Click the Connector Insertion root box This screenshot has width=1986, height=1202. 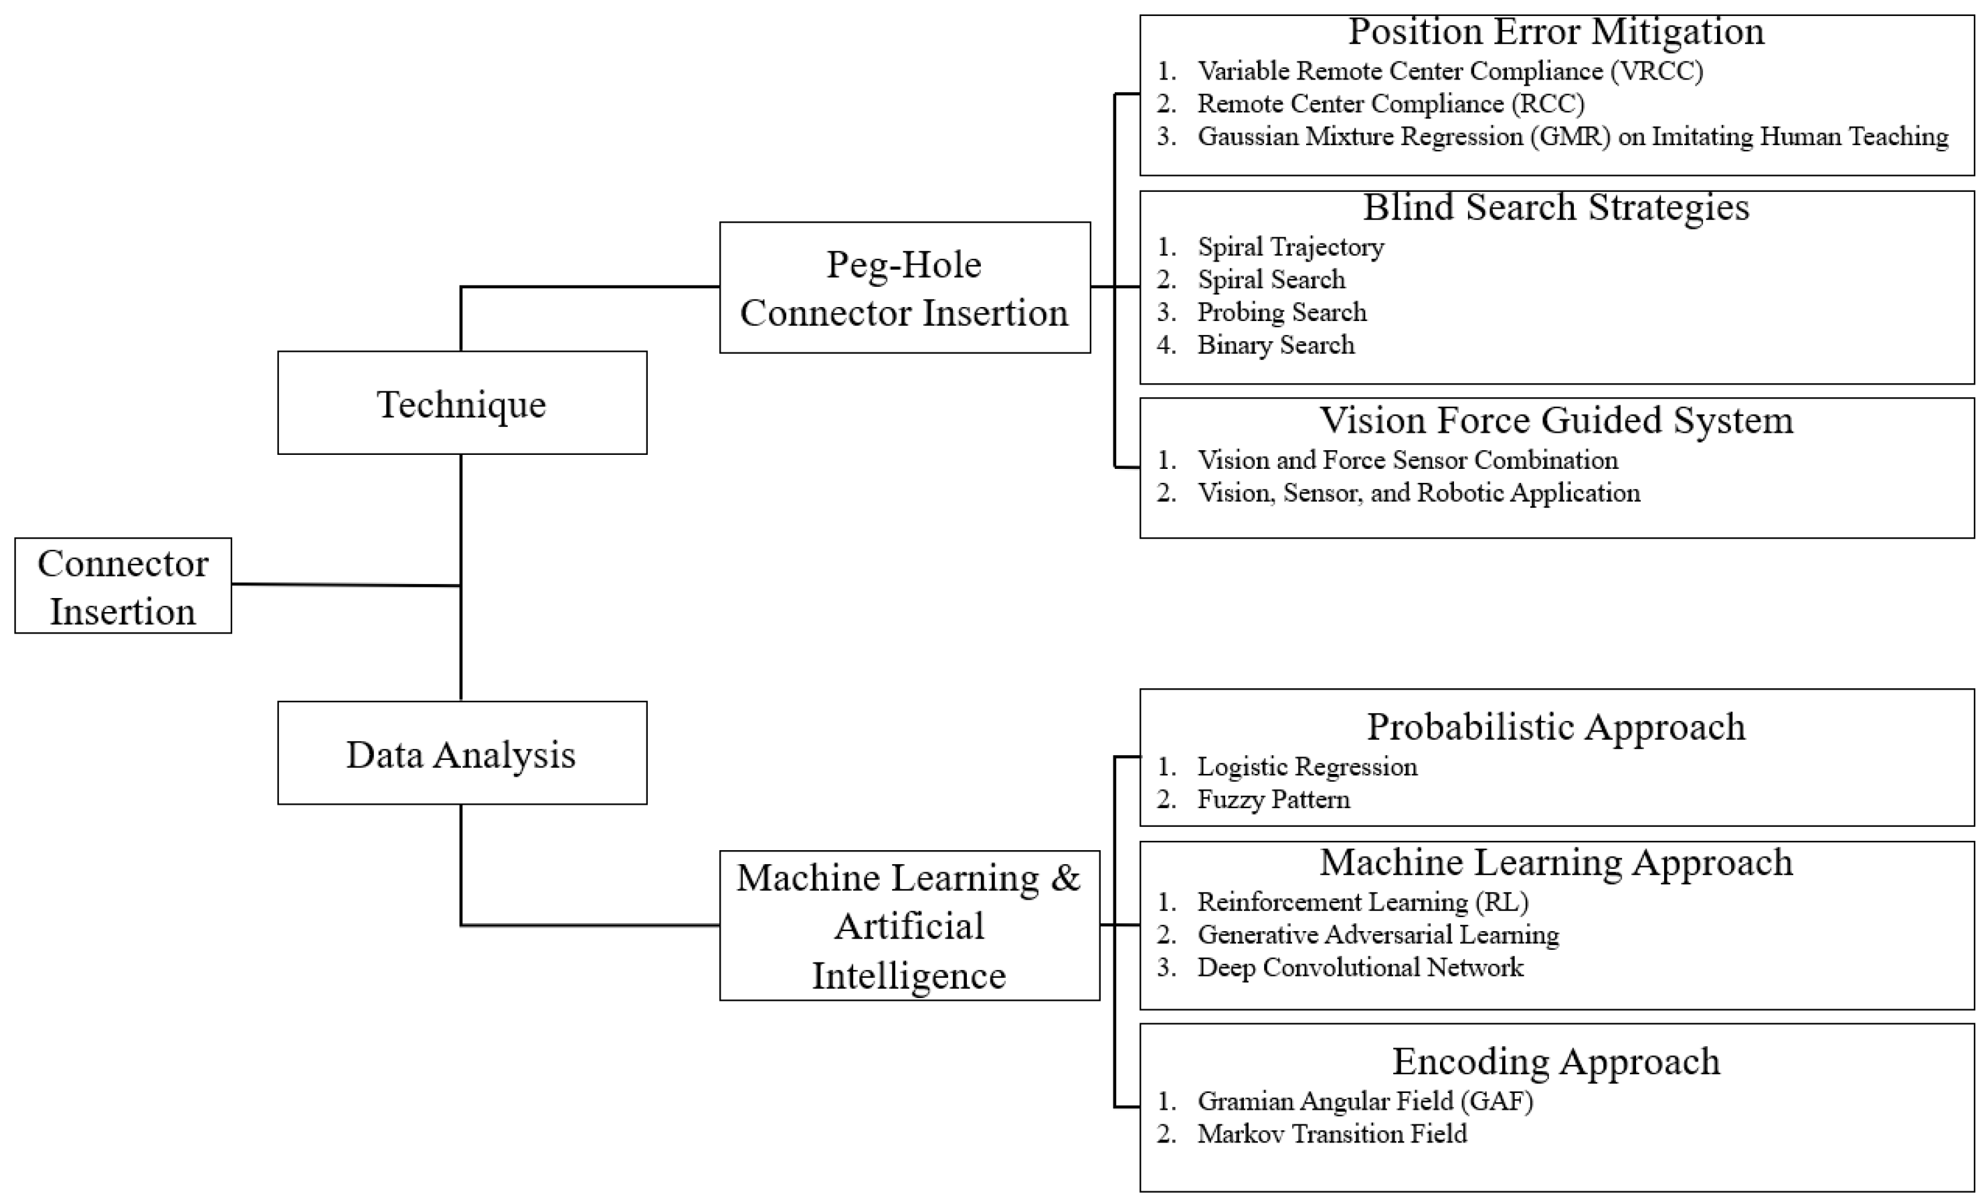(x=122, y=586)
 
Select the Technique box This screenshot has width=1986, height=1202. (x=462, y=403)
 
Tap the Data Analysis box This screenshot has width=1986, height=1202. (x=462, y=753)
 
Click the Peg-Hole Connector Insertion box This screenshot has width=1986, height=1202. (x=905, y=288)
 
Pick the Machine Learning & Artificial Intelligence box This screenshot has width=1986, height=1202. (x=909, y=926)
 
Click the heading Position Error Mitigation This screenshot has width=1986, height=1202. (x=1556, y=32)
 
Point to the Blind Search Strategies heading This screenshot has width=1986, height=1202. (x=1556, y=207)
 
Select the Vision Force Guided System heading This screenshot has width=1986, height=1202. (x=1556, y=421)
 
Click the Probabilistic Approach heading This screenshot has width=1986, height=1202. (x=1556, y=726)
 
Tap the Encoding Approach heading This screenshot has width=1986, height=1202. (x=1556, y=1061)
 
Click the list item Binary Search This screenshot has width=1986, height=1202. (x=1275, y=344)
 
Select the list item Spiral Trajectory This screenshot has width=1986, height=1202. (x=1290, y=247)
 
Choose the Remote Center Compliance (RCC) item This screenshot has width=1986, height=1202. (x=1390, y=104)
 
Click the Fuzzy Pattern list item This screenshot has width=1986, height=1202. (x=1273, y=799)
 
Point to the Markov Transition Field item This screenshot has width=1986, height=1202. (x=1332, y=1134)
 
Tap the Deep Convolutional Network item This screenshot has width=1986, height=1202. (x=1360, y=967)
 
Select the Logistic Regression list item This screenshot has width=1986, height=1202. (x=1307, y=766)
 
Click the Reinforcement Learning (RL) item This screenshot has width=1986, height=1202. (x=1362, y=902)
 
